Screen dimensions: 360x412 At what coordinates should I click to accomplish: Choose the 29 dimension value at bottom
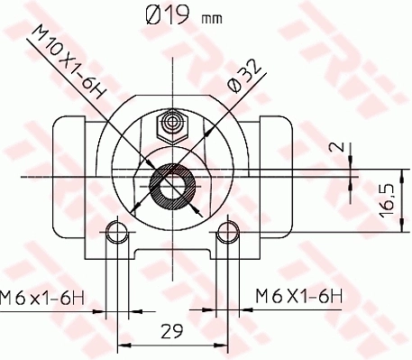[x=171, y=330]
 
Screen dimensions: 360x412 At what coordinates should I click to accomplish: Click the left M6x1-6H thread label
[x=43, y=296]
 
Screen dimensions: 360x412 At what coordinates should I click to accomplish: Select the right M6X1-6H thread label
[x=299, y=296]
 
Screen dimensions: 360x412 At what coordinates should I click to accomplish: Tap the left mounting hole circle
[x=114, y=235]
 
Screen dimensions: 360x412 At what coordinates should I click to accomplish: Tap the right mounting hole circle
[x=226, y=235]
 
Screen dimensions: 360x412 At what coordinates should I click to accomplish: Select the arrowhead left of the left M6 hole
[x=99, y=313]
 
